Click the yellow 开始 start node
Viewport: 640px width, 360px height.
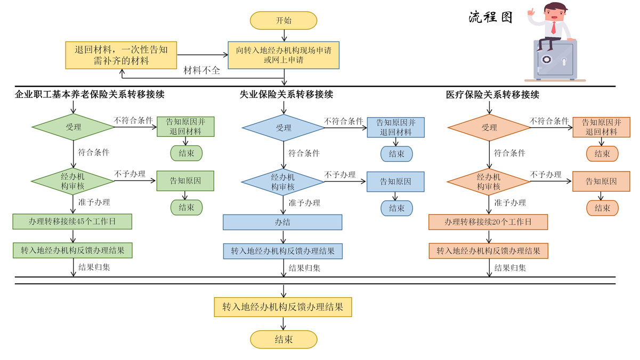point(283,20)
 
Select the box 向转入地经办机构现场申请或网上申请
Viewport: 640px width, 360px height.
point(283,55)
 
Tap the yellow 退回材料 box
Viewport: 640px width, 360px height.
point(121,55)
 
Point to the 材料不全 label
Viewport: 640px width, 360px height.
point(201,71)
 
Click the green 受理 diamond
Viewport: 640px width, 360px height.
point(73,127)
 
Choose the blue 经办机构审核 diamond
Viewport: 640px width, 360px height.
point(283,182)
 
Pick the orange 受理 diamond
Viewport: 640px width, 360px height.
point(489,128)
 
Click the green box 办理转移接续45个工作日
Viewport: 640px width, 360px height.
point(72,222)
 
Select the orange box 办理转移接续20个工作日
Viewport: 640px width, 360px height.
point(488,222)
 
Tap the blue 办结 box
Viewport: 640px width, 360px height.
point(282,222)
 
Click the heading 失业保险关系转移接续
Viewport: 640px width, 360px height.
point(286,95)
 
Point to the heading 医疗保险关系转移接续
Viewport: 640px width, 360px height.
point(492,95)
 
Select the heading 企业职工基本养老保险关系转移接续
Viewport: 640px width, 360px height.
point(90,95)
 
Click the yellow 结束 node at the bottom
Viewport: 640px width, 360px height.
point(283,339)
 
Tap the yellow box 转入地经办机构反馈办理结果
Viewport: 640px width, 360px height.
point(283,307)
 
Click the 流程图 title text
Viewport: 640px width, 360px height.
point(490,17)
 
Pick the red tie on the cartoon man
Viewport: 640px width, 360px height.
point(554,27)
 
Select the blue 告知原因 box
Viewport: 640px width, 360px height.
point(395,182)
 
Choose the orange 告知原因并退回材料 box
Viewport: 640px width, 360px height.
point(601,127)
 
